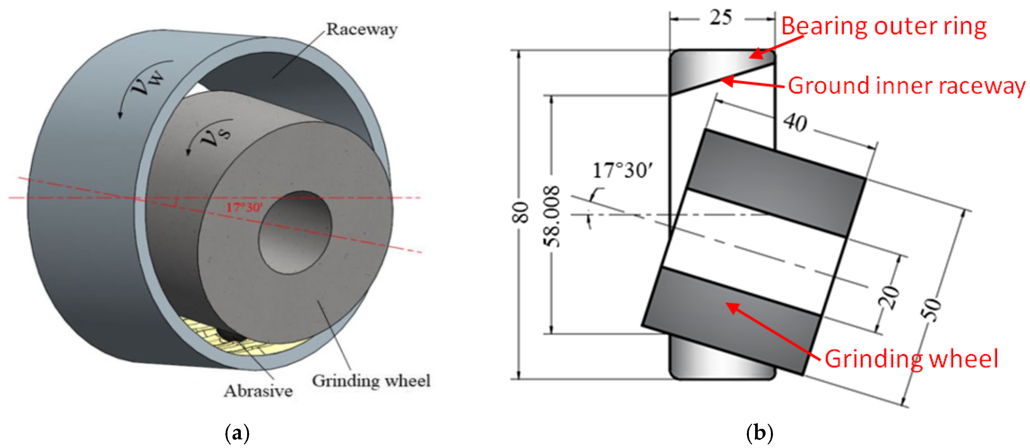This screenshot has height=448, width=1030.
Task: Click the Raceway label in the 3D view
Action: pyautogui.click(x=361, y=29)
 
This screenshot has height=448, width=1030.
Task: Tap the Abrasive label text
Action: pyautogui.click(x=258, y=391)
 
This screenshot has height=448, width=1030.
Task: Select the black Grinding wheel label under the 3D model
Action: pyautogui.click(x=371, y=381)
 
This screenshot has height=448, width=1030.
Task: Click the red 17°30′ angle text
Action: pyautogui.click(x=244, y=207)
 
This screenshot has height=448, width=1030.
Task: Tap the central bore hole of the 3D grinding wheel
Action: pyautogui.click(x=295, y=232)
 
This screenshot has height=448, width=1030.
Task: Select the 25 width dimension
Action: pyautogui.click(x=721, y=18)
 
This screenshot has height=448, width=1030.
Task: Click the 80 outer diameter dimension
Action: pyautogui.click(x=520, y=212)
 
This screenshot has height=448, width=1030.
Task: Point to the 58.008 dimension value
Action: pyautogui.click(x=552, y=216)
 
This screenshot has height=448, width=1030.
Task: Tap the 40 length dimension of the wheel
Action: pyautogui.click(x=795, y=122)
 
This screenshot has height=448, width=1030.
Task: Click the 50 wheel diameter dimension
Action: pyautogui.click(x=932, y=309)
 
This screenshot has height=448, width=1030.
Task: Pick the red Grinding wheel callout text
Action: pyautogui.click(x=911, y=359)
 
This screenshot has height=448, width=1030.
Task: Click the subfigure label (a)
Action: pyautogui.click(x=237, y=433)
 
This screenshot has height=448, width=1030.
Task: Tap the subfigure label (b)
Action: pyautogui.click(x=759, y=433)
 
